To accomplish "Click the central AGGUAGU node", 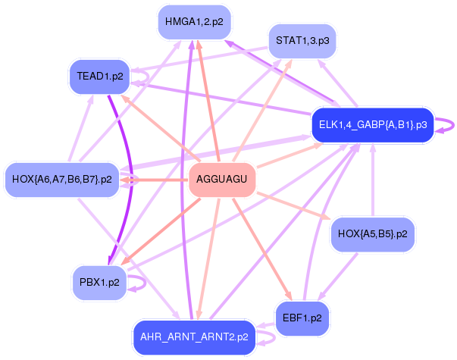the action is (x=221, y=180).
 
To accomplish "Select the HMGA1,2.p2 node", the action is (x=194, y=22).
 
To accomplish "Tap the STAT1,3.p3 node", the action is (x=302, y=40).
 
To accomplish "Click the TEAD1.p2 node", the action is (x=100, y=77).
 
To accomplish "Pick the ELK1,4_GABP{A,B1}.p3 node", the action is (x=372, y=124).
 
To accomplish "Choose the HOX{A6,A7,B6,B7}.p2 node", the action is (x=62, y=180).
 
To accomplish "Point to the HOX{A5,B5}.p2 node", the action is (x=372, y=234).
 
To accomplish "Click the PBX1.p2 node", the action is (x=99, y=282).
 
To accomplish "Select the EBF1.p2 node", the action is (x=302, y=318).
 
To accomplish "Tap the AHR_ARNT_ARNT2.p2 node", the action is (x=194, y=337).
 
